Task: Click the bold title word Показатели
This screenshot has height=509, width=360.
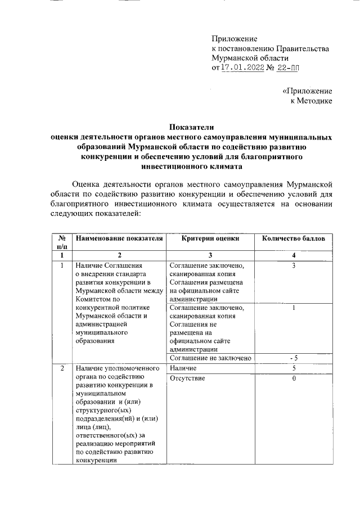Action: point(192,127)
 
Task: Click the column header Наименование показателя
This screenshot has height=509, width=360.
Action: point(119,238)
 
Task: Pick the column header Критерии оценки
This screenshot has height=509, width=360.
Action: point(210,238)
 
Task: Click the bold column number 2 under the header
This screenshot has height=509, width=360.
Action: point(119,256)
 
